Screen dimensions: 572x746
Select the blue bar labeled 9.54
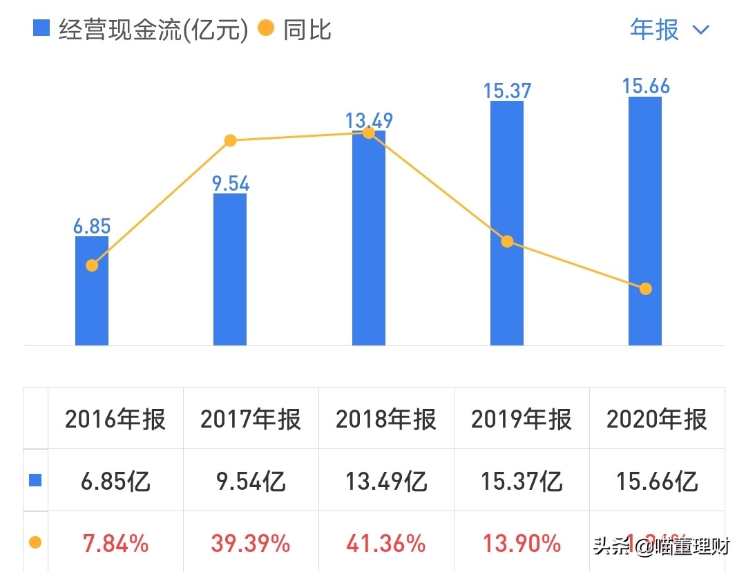[x=230, y=269]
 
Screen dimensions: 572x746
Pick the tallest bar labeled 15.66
[x=645, y=221]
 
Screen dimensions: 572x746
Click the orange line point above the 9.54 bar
[x=231, y=141]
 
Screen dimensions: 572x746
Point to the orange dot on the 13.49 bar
[x=369, y=133]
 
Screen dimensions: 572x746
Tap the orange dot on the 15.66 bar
[x=645, y=289]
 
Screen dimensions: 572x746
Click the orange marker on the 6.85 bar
[x=92, y=265]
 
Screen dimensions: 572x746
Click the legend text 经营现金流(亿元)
[x=153, y=30]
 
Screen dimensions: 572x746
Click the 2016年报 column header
[x=115, y=419]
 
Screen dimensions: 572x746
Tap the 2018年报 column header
[x=386, y=419]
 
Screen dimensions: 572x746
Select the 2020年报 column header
[x=657, y=419]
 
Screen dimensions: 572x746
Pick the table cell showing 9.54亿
[x=251, y=481]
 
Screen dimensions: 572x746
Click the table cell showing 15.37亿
[x=522, y=481]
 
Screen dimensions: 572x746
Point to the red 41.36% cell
[x=386, y=544]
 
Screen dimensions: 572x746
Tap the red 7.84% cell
[x=115, y=544]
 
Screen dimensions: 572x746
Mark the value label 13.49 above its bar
[x=369, y=121]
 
